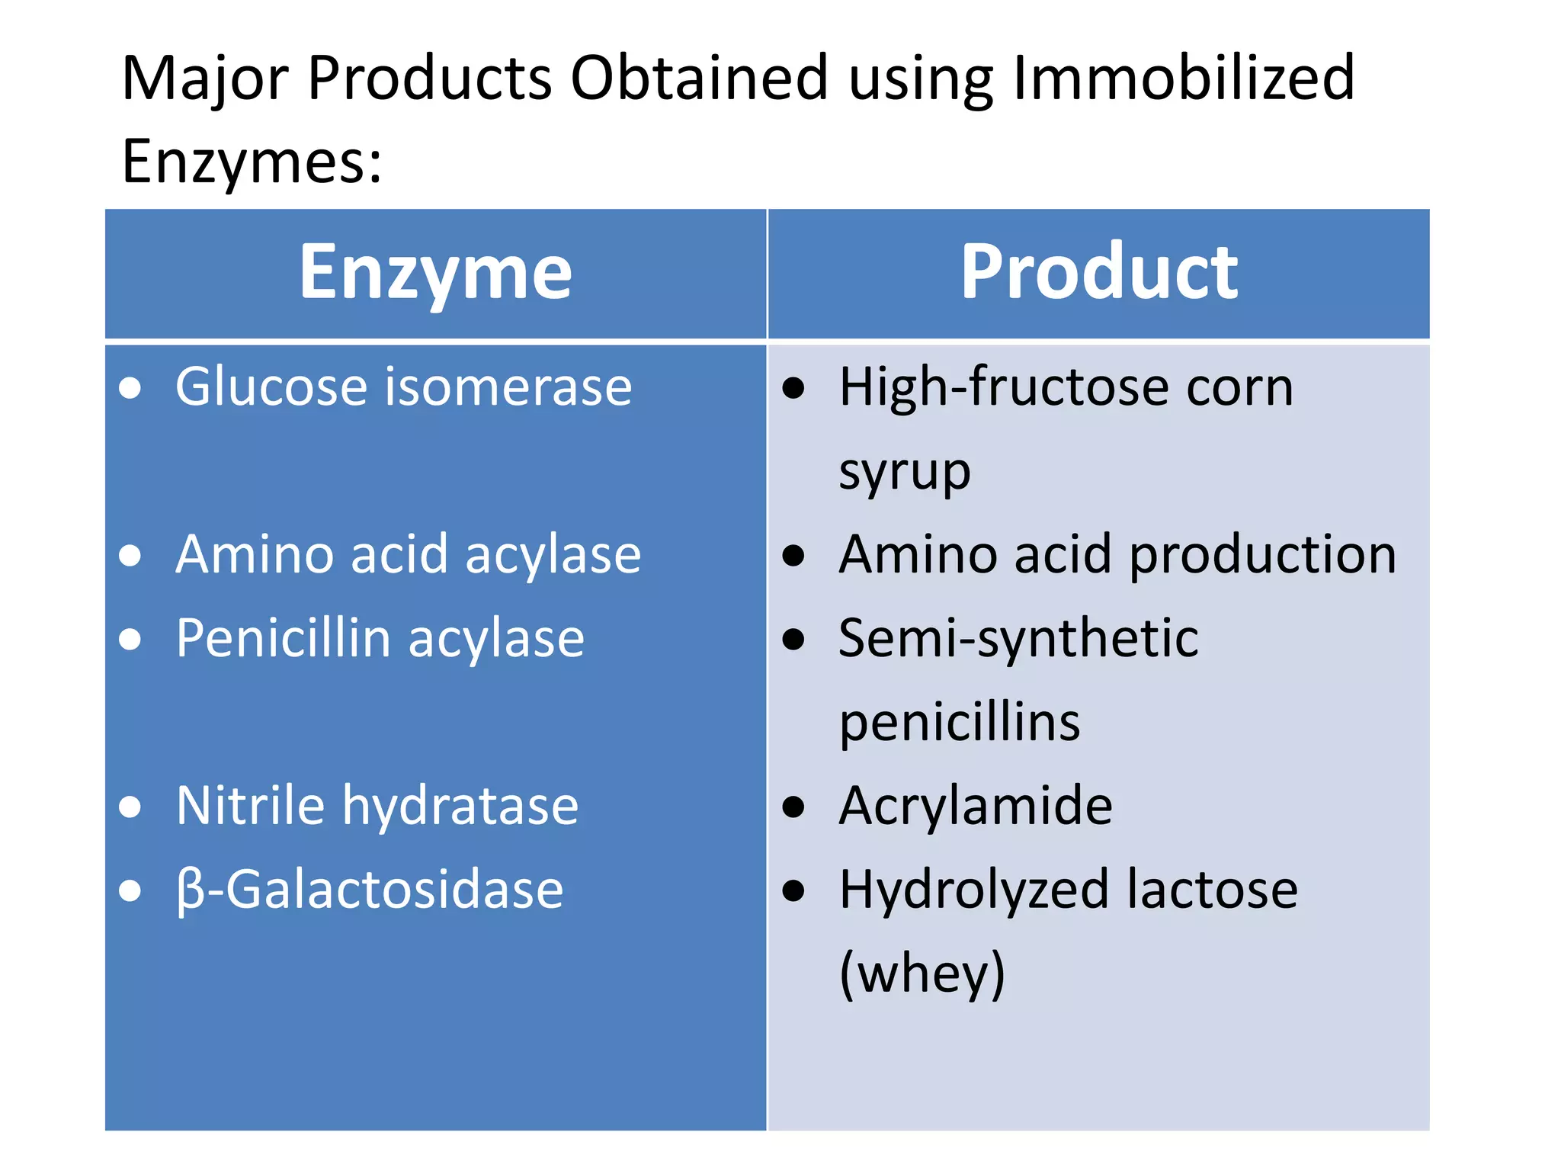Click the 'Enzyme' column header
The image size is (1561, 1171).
click(x=435, y=272)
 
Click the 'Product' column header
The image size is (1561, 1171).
click(x=1098, y=272)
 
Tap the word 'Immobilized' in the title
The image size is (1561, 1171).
click(x=1184, y=78)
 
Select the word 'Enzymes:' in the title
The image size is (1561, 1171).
click(x=252, y=162)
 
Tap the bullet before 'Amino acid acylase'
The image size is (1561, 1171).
click(x=130, y=556)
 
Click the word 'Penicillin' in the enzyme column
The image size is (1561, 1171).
click(x=284, y=638)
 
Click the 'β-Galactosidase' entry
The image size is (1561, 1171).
click(x=370, y=890)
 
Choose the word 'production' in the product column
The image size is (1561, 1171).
click(x=1262, y=554)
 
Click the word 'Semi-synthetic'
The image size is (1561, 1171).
click(x=1018, y=638)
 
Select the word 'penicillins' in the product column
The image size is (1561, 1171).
click(x=960, y=722)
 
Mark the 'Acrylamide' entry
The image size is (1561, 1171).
click(x=976, y=806)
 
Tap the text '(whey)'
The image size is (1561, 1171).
click(x=922, y=974)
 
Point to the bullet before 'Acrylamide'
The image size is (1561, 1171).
click(x=793, y=807)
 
